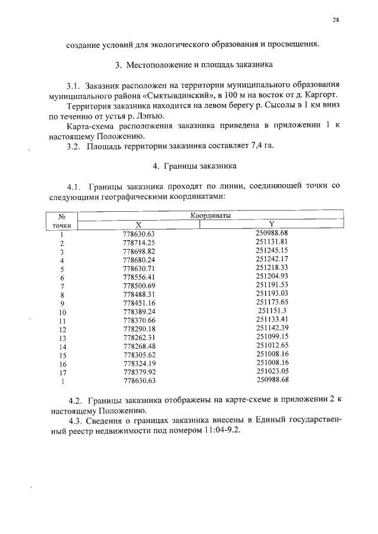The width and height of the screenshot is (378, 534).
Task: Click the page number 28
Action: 335,21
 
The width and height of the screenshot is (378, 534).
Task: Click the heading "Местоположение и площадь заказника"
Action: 195,64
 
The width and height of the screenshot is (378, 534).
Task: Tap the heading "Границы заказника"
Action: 195,166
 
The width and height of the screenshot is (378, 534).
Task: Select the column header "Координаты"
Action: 210,216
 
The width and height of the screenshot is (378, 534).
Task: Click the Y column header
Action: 272,224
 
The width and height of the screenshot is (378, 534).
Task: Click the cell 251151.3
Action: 272,311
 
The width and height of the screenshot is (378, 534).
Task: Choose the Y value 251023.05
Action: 272,371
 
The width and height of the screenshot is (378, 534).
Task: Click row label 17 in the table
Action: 62,372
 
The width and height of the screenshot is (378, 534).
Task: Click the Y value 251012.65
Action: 272,345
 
